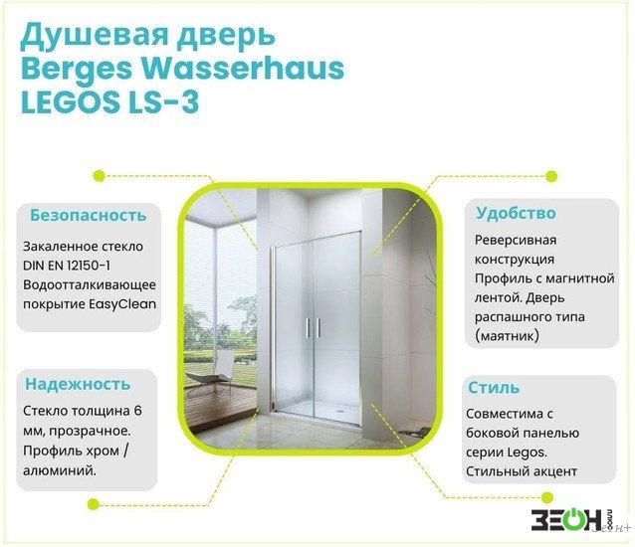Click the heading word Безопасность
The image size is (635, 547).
coord(89,215)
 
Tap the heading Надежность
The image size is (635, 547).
coord(78,384)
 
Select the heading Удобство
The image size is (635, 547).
coord(516,214)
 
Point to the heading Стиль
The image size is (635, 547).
coord(494,387)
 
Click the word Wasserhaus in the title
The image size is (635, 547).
coord(242,68)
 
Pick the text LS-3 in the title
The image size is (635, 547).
coord(159,102)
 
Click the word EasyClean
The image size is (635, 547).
coord(122,304)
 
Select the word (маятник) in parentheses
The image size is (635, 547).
coord(507,336)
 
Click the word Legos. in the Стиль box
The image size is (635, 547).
coord(528,452)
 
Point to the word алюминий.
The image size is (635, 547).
coord(60,470)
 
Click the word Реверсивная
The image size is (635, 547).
coord(516,241)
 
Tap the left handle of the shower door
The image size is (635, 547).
coord(308,328)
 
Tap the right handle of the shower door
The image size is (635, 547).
coord(318,328)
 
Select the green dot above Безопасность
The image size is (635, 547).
coord(99,176)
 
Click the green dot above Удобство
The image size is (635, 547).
coord(551,176)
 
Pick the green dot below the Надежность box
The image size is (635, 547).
coord(94,504)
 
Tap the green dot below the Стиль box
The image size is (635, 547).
coord(547,497)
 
